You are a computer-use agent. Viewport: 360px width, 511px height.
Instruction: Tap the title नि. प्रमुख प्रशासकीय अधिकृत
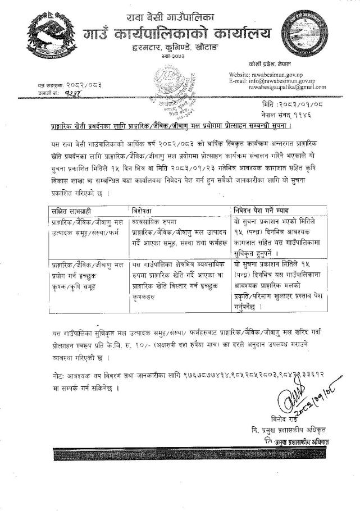tap(289, 430)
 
